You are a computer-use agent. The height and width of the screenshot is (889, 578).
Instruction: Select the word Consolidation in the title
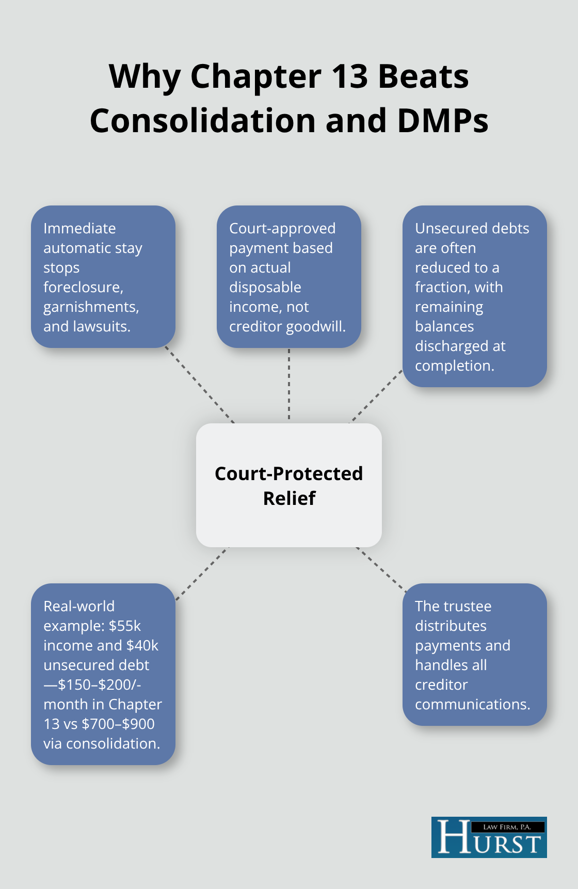tap(203, 121)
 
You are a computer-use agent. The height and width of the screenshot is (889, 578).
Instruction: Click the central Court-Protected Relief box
tap(289, 485)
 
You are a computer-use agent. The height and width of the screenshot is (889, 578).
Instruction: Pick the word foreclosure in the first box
tap(83, 287)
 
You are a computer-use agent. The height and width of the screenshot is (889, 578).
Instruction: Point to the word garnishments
tap(91, 307)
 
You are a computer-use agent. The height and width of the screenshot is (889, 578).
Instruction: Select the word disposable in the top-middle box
tap(265, 288)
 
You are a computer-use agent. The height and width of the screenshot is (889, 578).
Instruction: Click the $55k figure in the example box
tap(125, 626)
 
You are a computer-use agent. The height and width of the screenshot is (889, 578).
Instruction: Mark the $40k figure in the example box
tap(142, 645)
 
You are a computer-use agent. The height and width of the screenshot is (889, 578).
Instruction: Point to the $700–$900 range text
tap(118, 724)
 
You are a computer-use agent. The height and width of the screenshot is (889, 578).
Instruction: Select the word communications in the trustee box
tap(473, 704)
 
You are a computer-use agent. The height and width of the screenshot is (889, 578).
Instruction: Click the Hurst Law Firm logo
tap(489, 837)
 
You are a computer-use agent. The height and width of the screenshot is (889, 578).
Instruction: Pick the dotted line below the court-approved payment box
tap(289, 385)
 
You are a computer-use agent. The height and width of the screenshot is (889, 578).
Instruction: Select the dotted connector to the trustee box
tap(381, 569)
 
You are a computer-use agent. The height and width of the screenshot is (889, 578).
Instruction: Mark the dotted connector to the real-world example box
tap(202, 574)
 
